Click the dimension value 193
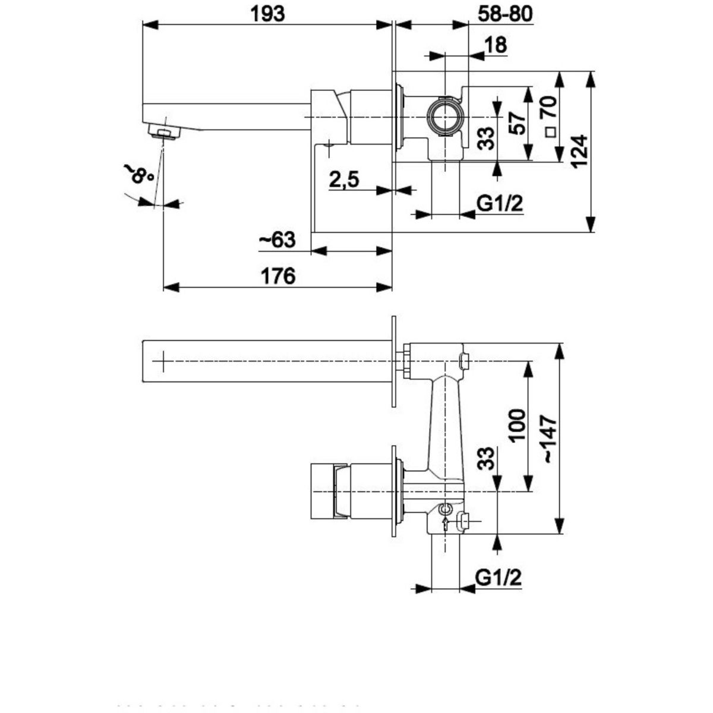coord(267,12)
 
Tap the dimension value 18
coord(496,45)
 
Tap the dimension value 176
coord(278,276)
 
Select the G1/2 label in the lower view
coord(498,577)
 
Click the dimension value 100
coord(517,425)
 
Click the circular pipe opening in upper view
coord(444,116)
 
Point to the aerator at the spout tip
coord(162,130)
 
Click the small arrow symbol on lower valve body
coord(444,522)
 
